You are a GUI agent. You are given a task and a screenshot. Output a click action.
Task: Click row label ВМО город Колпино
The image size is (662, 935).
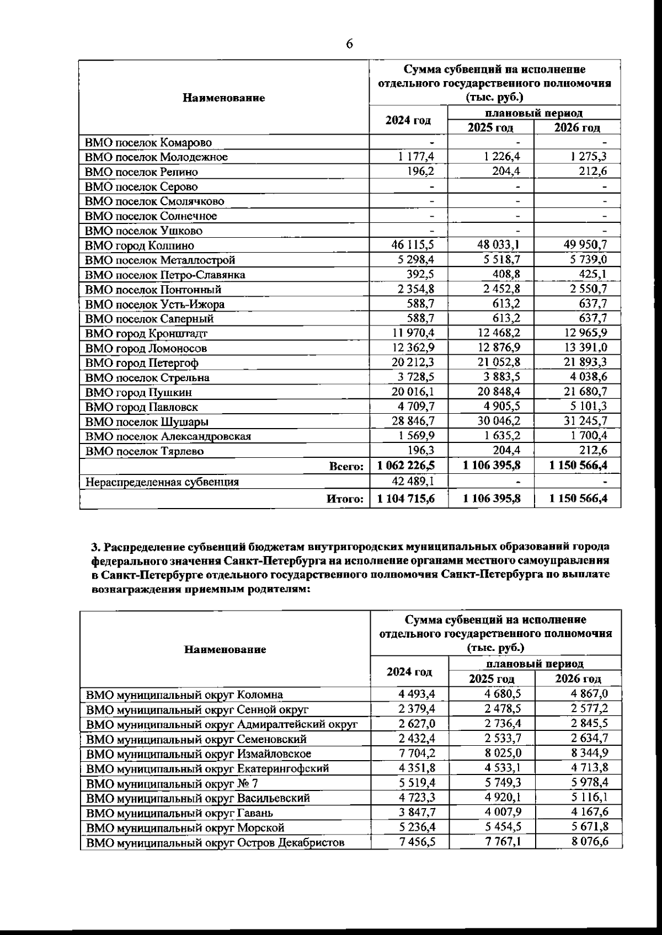139,245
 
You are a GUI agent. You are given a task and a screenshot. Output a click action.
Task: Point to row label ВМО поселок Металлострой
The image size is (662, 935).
160,260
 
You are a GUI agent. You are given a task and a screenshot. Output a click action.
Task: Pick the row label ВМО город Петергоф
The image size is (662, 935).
142,362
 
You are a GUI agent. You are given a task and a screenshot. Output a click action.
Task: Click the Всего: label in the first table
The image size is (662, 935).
346,466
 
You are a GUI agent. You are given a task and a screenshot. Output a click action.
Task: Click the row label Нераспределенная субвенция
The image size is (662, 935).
162,482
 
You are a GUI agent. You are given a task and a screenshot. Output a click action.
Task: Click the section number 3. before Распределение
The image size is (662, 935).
95,547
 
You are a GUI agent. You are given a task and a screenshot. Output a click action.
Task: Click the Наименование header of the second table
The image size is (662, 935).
225,649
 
